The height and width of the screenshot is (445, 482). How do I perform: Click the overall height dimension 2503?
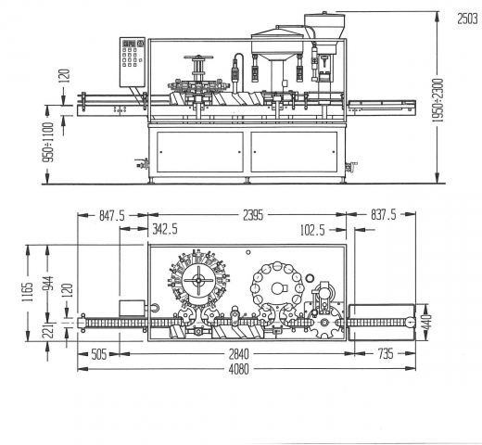pos(467,19)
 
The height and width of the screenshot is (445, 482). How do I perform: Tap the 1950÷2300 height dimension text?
pos(438,100)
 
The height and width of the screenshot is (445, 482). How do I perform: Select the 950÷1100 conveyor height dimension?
pos(48,142)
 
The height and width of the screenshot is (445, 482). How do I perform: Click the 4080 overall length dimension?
pos(238,369)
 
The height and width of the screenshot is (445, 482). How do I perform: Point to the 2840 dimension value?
pos(238,354)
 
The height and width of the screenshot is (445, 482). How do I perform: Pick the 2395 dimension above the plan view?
pos(253,215)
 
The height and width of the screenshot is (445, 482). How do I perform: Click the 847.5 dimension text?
pos(112,215)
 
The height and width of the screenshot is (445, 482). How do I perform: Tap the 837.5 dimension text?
pos(383,215)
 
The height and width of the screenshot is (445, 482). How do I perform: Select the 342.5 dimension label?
pos(165,229)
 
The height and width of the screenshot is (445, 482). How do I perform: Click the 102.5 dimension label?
pos(312,230)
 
